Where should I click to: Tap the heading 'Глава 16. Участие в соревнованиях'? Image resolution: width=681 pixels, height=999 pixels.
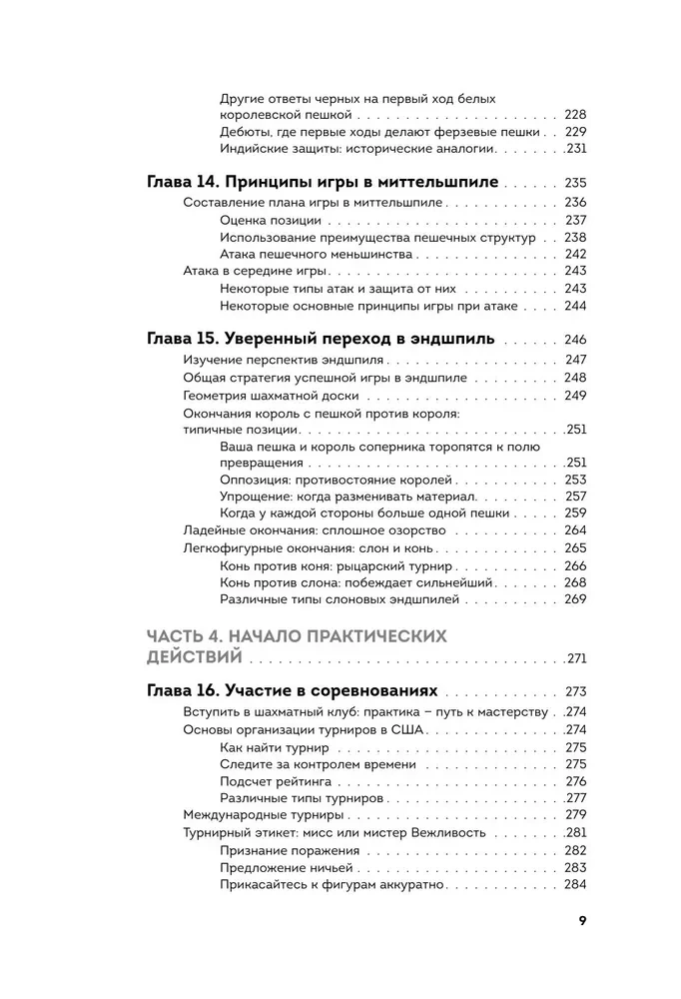click(292, 691)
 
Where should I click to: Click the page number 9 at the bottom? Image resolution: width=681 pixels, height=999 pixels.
click(581, 921)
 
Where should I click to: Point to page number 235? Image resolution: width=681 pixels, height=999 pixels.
click(575, 184)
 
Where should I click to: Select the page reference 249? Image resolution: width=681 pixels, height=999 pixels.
click(575, 396)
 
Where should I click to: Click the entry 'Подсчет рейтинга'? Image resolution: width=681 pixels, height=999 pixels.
click(276, 781)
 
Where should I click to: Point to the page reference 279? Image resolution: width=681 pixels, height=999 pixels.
click(575, 815)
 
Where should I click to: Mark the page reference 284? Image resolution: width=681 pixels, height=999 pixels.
click(575, 884)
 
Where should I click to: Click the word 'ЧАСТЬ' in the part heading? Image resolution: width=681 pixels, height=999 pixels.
click(180, 636)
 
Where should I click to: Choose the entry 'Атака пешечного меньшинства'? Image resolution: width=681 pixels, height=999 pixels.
click(313, 254)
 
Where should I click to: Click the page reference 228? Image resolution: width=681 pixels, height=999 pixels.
click(575, 115)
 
